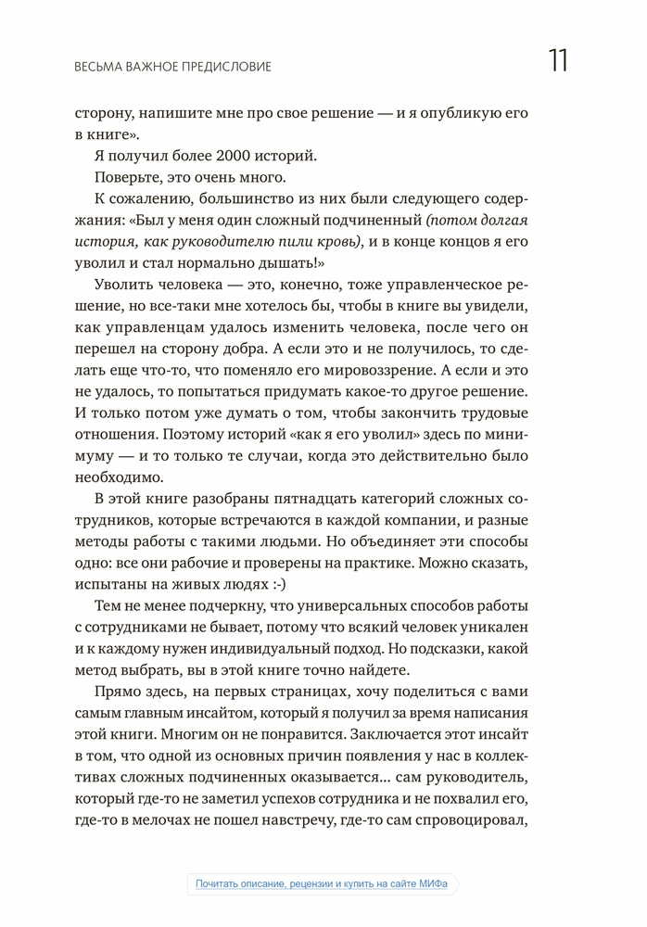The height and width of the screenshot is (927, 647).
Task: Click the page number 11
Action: pyautogui.click(x=557, y=60)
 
